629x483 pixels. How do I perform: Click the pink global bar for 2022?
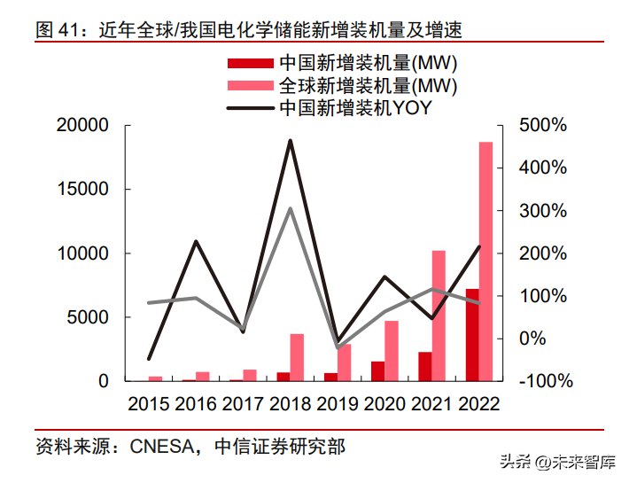point(485,261)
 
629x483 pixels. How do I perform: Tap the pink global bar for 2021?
point(439,316)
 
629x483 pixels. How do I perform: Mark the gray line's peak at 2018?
point(290,208)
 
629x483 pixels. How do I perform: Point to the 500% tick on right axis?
point(541,126)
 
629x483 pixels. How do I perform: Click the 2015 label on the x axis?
point(149,405)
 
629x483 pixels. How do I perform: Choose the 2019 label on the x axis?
point(337,405)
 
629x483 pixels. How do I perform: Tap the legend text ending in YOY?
point(354,109)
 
